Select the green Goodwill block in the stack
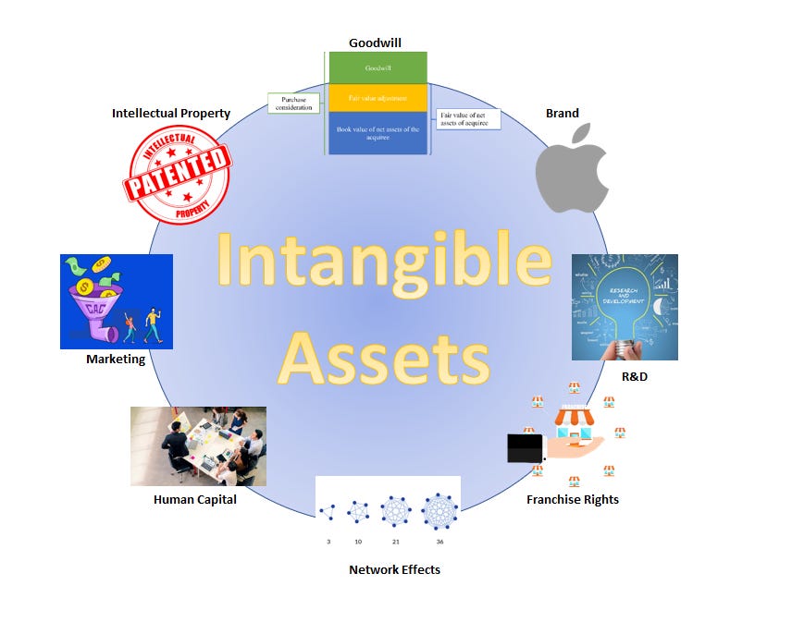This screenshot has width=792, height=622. coord(377,67)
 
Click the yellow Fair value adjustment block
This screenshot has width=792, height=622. coord(377,98)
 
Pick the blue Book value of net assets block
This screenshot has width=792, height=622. coord(377,133)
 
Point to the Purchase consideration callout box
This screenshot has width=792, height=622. coord(293,104)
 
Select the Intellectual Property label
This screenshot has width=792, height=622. coord(171,114)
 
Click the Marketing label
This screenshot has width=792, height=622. coord(116,359)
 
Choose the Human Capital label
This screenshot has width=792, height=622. coord(195,499)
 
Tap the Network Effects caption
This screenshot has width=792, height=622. coord(394,569)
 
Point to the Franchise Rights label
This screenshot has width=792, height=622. coord(572,499)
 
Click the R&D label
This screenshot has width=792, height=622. coord(635,377)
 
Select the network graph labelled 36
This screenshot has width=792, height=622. coord(439,511)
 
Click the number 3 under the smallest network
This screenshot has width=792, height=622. coord(328,542)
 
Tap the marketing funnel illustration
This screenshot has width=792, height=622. coord(117,301)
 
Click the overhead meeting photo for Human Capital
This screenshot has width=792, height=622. coord(198,445)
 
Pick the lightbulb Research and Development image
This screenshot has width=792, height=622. coord(625,307)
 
